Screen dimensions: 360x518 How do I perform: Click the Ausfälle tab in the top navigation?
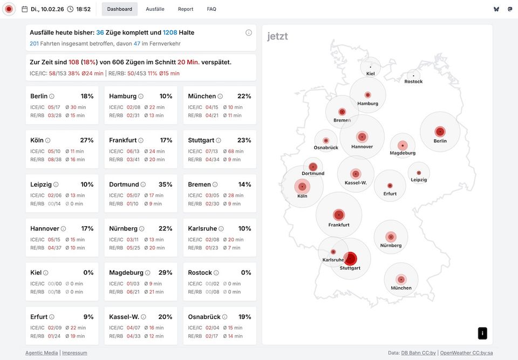click(155, 9)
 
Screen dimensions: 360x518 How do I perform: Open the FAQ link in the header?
click(212, 9)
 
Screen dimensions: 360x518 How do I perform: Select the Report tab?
click(186, 9)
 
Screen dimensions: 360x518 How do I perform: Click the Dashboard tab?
click(119, 9)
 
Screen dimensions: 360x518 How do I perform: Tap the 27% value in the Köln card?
click(87, 140)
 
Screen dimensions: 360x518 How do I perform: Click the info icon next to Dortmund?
click(143, 185)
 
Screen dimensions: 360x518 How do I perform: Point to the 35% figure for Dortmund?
click(166, 185)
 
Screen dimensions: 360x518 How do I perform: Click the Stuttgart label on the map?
click(350, 268)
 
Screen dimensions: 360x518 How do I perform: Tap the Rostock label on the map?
click(413, 81)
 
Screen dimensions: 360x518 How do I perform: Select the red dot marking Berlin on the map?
click(440, 131)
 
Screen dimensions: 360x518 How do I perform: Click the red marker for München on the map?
click(401, 279)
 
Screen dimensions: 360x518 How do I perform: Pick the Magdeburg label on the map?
click(403, 153)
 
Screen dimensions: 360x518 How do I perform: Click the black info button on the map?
click(482, 333)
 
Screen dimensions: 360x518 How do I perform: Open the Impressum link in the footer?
click(74, 353)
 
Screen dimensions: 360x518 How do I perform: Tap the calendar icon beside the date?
click(25, 9)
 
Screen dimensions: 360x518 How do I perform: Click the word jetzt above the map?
click(277, 37)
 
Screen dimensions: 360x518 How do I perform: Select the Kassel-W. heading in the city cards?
click(124, 317)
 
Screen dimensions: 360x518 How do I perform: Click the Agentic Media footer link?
click(42, 353)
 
